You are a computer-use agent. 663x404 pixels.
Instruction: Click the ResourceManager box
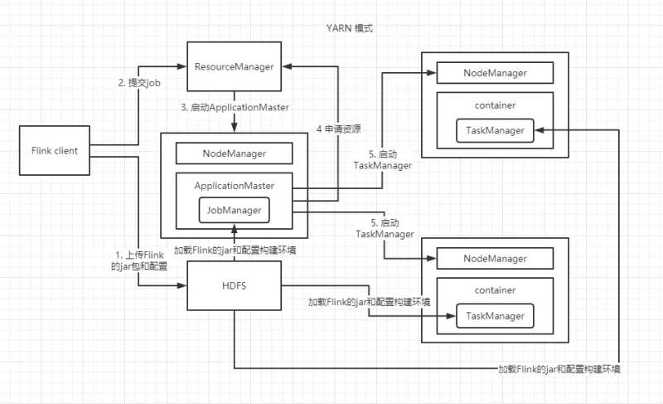pos(234,66)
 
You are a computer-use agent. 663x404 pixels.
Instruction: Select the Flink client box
pos(53,151)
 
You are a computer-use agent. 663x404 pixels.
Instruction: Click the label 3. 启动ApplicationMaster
pos(234,108)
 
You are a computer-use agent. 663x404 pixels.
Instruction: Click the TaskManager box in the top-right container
pos(495,131)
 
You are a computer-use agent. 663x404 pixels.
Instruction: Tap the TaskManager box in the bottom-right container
pos(495,316)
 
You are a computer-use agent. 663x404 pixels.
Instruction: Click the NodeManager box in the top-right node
pos(495,73)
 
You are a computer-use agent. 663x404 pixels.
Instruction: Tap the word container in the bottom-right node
pos(495,290)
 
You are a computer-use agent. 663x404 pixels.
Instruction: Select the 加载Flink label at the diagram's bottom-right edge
pos(560,367)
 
